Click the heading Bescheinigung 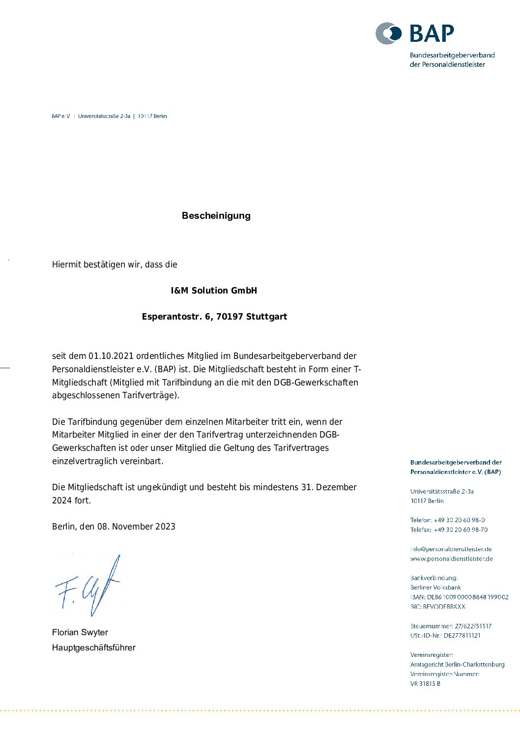coord(216,215)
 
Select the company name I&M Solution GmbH coord(214,291)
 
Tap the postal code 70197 coord(230,317)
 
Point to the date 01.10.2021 coord(111,356)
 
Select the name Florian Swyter coord(80,632)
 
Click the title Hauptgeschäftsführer coord(94,648)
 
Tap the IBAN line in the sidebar coord(459,597)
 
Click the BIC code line coord(437,607)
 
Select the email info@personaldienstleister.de coord(451,549)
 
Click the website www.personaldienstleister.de coord(451,559)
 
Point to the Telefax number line coord(449,530)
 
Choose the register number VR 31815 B coord(425,683)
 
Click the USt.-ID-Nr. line coord(445,635)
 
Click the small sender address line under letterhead coord(109,117)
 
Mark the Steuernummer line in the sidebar coord(451,626)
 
